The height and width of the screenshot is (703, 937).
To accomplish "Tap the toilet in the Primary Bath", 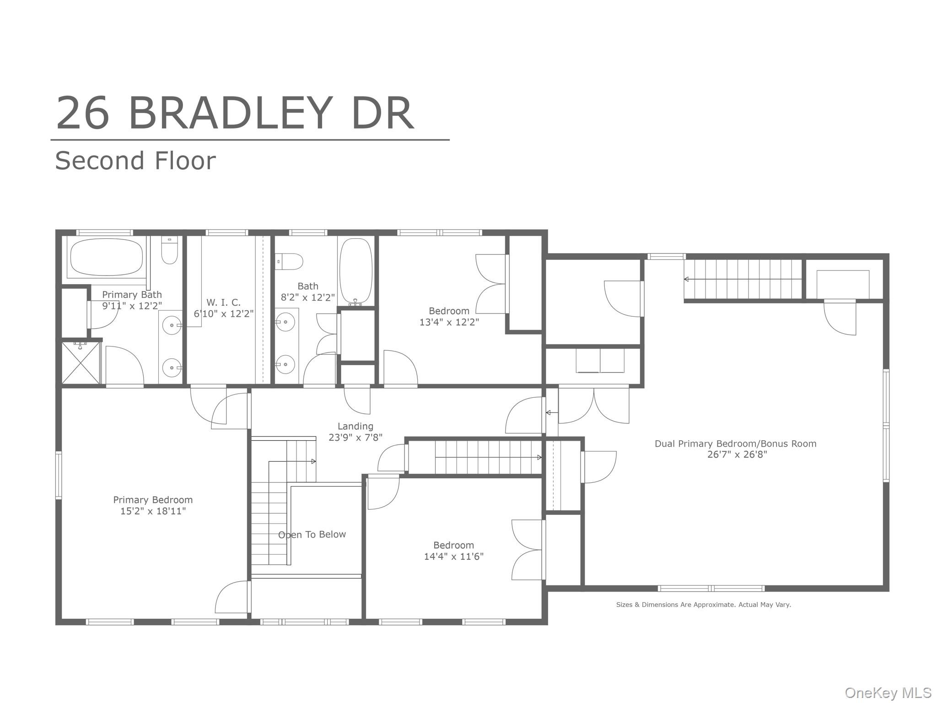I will coord(169,250).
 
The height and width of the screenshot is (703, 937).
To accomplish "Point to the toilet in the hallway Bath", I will coord(289,262).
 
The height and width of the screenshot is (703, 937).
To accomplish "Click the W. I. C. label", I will coord(223,303).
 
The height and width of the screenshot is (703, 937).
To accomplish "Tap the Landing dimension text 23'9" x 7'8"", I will coord(355,438).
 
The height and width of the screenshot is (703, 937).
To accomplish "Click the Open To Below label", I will coord(312,535).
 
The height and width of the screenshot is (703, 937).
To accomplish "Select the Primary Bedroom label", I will coord(153,500).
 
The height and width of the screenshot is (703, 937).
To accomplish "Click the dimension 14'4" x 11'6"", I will coord(453,557).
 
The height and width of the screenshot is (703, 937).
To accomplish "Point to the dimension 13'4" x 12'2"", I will coord(449,322).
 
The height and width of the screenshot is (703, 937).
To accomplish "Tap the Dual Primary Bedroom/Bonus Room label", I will coord(735,443).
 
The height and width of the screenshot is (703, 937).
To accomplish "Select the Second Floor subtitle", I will coord(135,161).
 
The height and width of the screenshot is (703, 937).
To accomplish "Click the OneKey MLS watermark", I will coord(888,692).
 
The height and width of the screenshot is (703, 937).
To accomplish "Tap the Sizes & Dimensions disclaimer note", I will coord(703,605).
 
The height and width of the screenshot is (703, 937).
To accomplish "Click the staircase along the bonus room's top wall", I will coord(743,279).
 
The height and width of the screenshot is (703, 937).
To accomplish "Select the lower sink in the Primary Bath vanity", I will coord(172,368).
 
